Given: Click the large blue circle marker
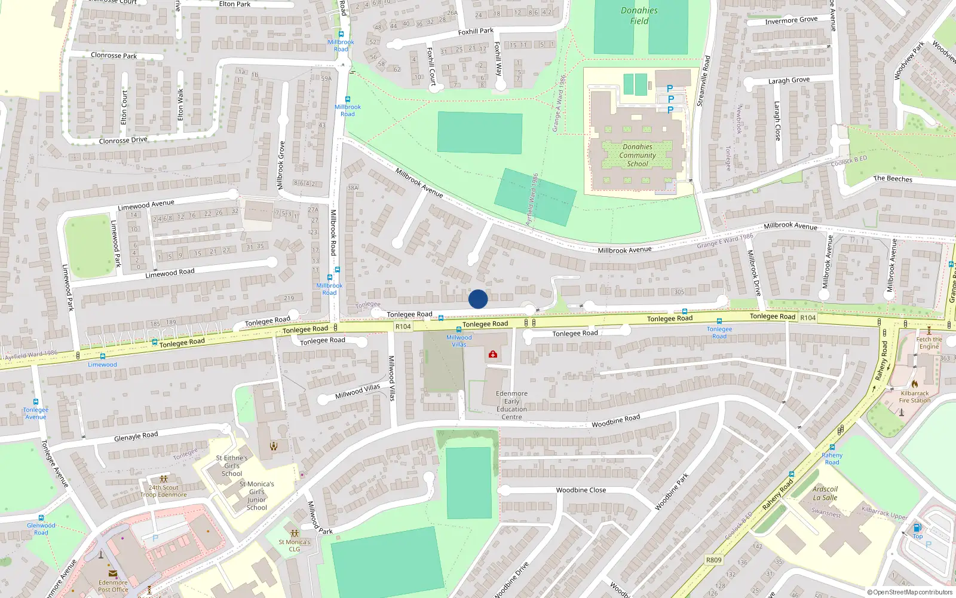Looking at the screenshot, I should pos(478,299).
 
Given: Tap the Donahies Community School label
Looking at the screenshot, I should pos(638,155).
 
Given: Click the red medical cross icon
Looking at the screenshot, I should pos(493,355).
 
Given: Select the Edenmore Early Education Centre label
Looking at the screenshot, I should pos(511,405).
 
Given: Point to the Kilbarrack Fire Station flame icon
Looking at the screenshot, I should pos(914,384).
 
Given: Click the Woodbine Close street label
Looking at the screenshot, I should pos(581,490).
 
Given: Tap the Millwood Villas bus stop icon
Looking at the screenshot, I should pos(459,329).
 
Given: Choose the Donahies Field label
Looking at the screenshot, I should pos(639,16).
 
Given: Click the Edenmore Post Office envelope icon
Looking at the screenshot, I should pos(113,573).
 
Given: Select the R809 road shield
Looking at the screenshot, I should pos(713,560).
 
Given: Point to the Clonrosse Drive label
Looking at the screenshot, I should pos(123,141).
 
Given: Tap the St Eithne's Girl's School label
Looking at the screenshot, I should pos(232,466).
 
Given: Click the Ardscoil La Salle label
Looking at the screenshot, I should pos(825,493).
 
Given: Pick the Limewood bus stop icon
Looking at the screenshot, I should pos(103,356).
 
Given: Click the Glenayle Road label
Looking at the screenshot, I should pos(136,437).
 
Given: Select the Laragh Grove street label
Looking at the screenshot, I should pos(789,81).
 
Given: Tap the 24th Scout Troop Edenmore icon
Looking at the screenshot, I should pos(164,479).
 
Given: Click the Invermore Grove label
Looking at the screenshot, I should pos(791,20).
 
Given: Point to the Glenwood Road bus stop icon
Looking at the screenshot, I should pos(41,518).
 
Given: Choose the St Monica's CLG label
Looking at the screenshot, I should pos(295,545).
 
